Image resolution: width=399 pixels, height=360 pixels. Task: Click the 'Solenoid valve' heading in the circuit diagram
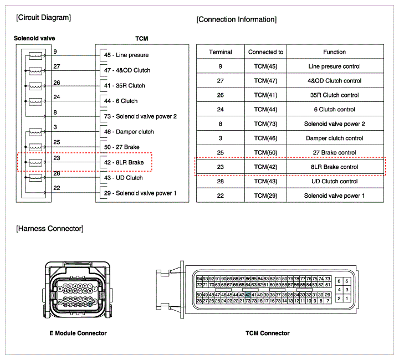tap(34, 38)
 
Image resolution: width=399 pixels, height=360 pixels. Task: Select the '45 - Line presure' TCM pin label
tap(126, 55)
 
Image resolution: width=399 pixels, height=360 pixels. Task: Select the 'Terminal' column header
tap(221, 52)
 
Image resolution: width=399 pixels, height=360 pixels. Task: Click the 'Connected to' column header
tap(266, 52)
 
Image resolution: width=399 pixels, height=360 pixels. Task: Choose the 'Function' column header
tap(335, 52)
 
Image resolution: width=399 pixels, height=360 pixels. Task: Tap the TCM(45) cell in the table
tap(266, 66)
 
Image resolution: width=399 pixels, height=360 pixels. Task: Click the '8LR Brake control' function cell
tap(335, 167)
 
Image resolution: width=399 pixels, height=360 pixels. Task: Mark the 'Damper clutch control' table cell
tap(335, 138)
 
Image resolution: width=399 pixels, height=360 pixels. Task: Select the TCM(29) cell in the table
tap(266, 196)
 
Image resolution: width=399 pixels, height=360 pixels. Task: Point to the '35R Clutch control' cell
tap(335, 95)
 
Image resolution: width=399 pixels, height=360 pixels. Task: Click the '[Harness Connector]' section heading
tap(50, 229)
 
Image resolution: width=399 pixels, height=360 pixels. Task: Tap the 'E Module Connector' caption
tap(78, 333)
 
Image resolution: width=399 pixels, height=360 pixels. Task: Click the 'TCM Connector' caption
tap(267, 333)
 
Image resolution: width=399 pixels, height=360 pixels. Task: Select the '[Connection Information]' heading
tap(236, 19)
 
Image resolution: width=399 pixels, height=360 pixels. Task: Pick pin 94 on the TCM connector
tap(199, 279)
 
